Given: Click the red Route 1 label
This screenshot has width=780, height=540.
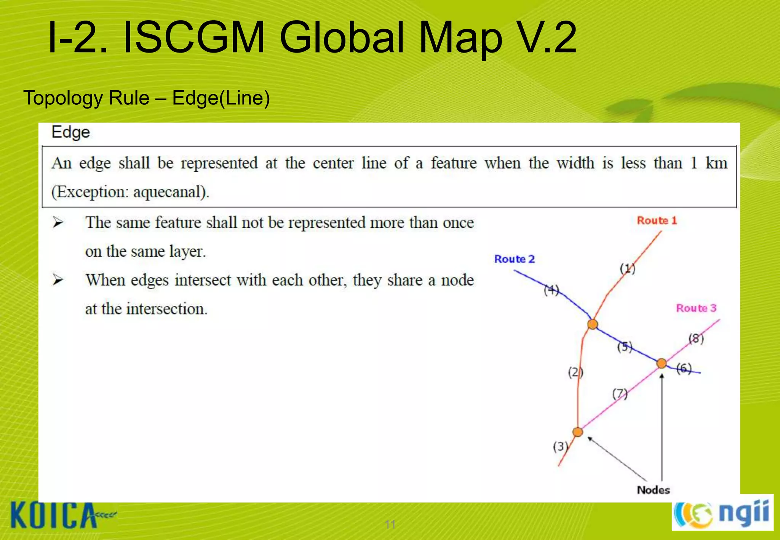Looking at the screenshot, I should [657, 220].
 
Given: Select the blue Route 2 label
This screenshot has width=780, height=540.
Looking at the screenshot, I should [514, 259].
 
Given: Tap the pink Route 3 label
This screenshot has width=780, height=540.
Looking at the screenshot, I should [696, 308].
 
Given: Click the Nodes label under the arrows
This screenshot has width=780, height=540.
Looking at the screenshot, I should [653, 490].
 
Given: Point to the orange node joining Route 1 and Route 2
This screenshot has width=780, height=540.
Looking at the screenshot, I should [592, 324].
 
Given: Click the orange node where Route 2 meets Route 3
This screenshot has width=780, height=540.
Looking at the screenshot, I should [662, 363].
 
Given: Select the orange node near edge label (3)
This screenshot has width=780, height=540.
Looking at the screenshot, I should [578, 432].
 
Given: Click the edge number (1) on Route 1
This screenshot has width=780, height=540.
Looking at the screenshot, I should [627, 268].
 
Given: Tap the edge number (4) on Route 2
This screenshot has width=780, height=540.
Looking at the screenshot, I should [551, 290].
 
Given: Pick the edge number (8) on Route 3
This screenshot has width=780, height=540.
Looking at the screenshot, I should [696, 338].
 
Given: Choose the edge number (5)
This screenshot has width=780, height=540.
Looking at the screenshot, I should [625, 347].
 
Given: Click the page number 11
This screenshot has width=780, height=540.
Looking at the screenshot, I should [390, 524].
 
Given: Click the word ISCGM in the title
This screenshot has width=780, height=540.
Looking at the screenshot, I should [194, 38].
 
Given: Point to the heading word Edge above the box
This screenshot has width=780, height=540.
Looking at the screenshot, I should [70, 132].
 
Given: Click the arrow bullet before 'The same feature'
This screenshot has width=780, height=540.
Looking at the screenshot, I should [58, 222].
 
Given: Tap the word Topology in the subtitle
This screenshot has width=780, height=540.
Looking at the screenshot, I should [63, 98].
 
